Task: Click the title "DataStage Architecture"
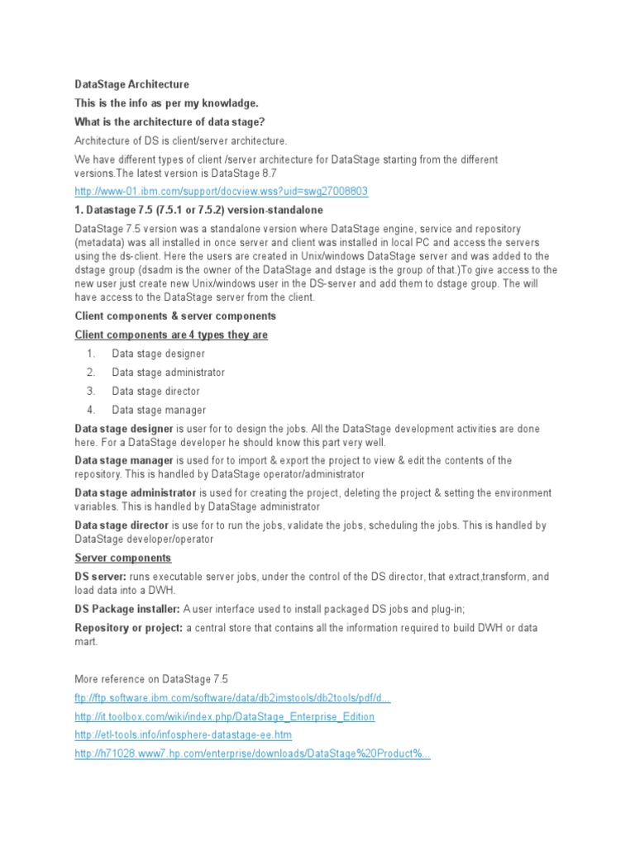[131, 84]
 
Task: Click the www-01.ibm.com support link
[221, 192]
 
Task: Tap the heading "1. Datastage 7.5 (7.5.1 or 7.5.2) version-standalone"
[198, 210]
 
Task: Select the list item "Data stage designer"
[158, 354]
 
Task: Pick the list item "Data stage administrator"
[168, 373]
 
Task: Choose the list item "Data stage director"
[155, 392]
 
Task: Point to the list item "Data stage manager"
[159, 411]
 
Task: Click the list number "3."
[91, 392]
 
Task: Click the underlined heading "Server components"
[123, 558]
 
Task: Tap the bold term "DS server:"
[101, 577]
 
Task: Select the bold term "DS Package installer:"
[127, 609]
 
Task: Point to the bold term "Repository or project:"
[128, 628]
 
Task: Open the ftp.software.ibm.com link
[232, 698]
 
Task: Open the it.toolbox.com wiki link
[224, 717]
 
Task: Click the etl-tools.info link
[183, 735]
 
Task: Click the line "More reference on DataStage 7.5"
[150, 679]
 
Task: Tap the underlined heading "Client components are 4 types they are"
[171, 335]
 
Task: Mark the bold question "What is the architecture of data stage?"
[169, 122]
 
